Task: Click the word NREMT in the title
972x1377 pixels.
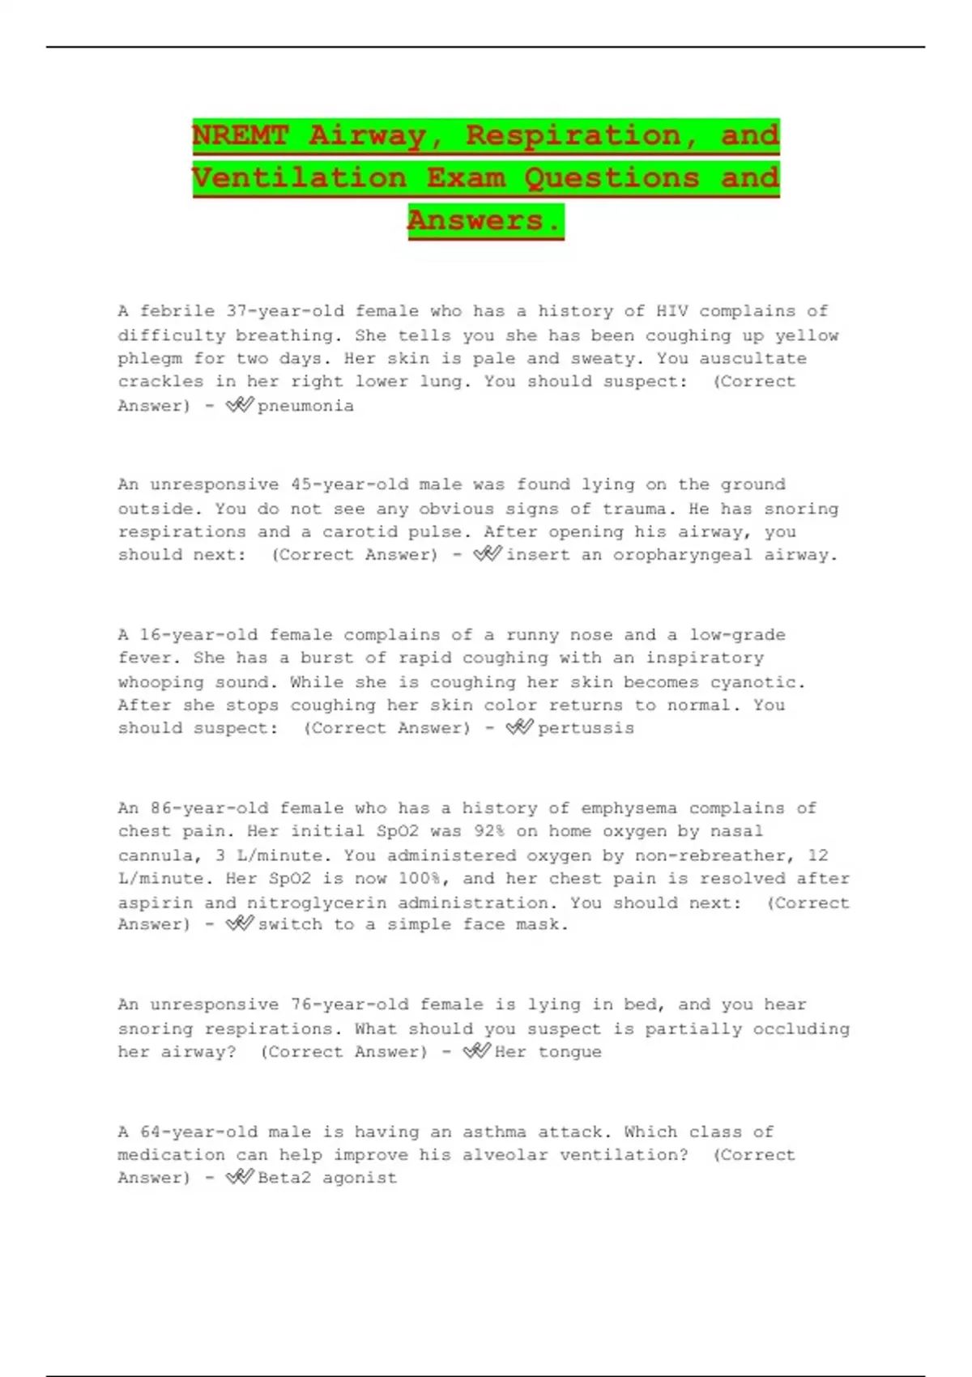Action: tap(240, 135)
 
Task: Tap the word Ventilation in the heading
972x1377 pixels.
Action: tap(299, 178)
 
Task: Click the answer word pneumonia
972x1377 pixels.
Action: tap(305, 406)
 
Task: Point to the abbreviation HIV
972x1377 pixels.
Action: tap(671, 311)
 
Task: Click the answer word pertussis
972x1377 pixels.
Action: tap(586, 728)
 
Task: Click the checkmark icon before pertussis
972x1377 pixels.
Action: tap(519, 727)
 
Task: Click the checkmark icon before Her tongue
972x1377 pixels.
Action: tap(476, 1051)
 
